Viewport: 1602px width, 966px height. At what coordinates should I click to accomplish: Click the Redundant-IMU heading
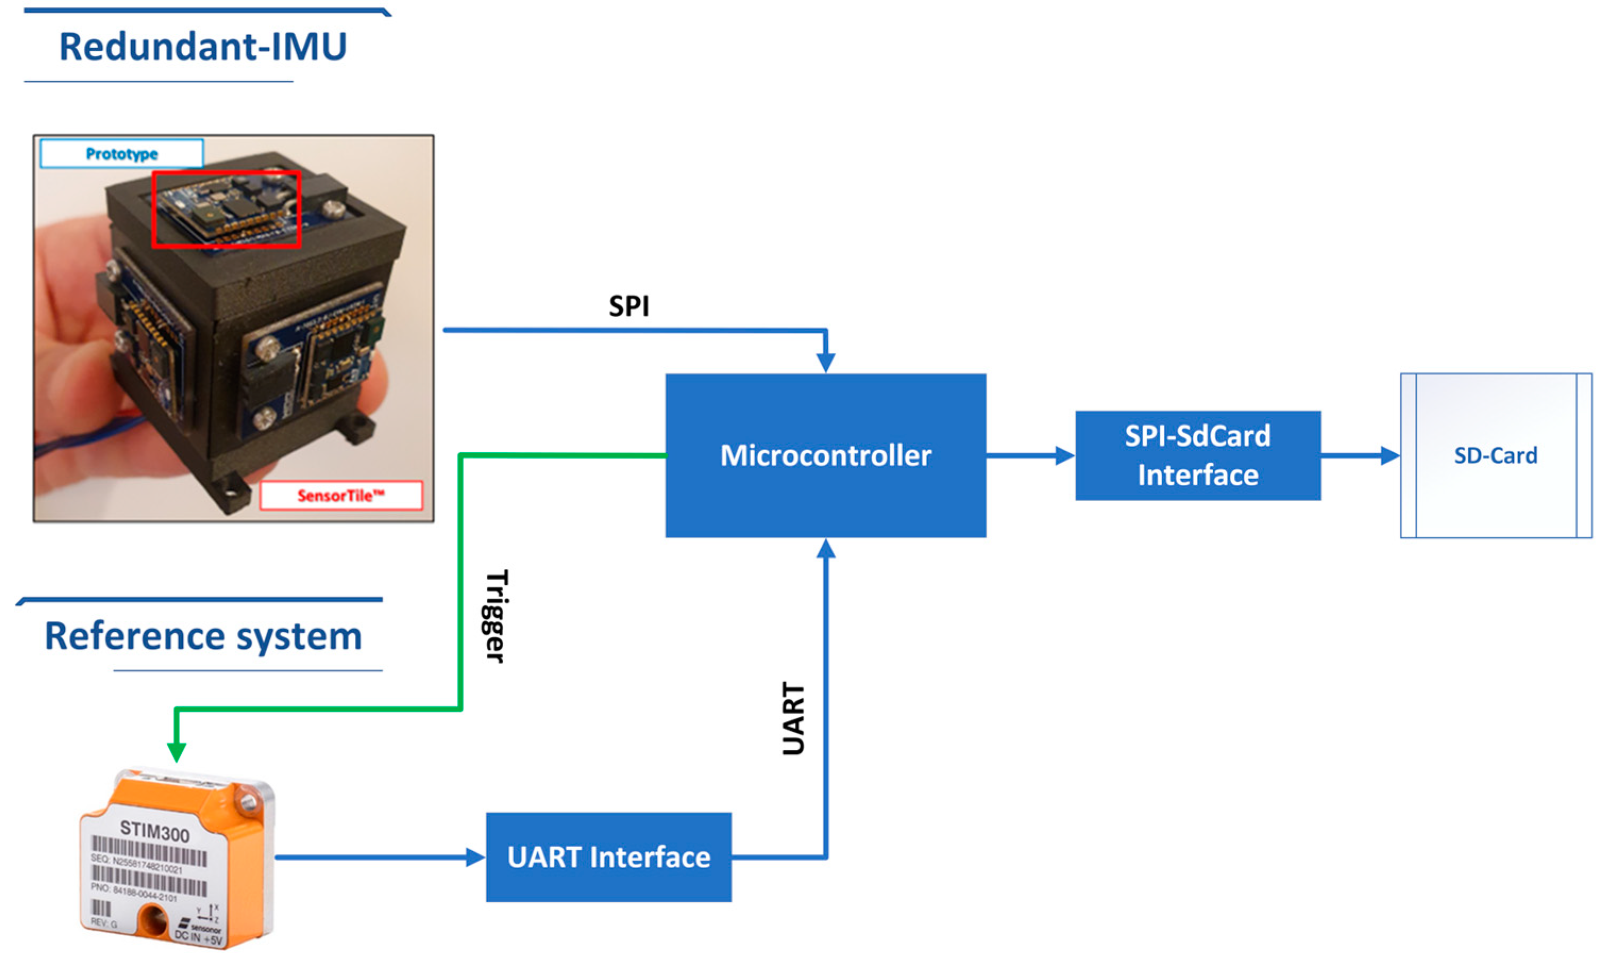(203, 47)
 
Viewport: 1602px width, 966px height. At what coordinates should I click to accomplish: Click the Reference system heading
(203, 636)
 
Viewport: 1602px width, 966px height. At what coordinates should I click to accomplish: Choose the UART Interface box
(608, 857)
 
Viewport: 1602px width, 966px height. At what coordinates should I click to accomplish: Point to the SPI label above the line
(629, 306)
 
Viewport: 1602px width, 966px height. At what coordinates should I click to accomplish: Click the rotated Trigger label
(497, 616)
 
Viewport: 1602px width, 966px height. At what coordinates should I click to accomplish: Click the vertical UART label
(794, 719)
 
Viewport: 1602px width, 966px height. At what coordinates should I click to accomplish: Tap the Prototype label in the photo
(122, 154)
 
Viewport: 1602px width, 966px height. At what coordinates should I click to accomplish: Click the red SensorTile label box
(341, 496)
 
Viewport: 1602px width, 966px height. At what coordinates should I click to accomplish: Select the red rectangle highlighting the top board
(226, 209)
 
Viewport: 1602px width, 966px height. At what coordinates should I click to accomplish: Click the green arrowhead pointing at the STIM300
(176, 751)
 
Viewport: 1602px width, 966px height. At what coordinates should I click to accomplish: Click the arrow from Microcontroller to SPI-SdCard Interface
(1030, 456)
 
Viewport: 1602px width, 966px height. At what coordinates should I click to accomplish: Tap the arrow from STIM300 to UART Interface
(380, 857)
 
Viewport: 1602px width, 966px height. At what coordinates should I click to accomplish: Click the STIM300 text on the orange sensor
(155, 832)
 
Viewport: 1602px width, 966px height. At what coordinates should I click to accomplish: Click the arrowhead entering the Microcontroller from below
(825, 549)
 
